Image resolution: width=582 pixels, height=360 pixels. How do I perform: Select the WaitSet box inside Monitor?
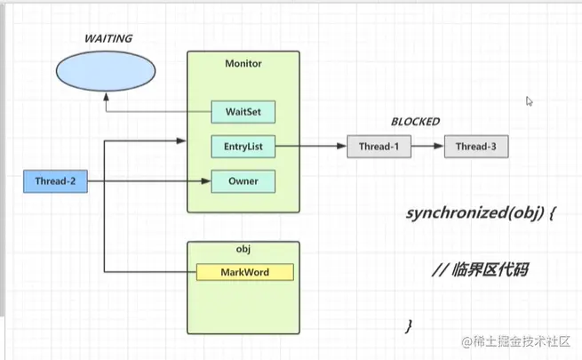click(x=243, y=113)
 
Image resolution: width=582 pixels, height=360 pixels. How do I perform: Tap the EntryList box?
click(x=243, y=146)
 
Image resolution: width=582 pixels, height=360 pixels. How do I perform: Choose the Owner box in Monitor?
click(x=243, y=182)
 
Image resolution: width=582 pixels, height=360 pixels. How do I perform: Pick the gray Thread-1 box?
click(x=379, y=146)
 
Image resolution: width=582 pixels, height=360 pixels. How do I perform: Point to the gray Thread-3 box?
click(x=476, y=146)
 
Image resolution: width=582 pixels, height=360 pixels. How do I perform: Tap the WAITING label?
click(x=108, y=38)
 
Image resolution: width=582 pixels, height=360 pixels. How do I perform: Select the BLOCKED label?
click(x=415, y=122)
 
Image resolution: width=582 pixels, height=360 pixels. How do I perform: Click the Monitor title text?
click(x=243, y=64)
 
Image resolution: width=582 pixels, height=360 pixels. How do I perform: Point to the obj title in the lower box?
click(x=243, y=252)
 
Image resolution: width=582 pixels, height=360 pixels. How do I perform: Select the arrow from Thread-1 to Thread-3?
click(x=427, y=146)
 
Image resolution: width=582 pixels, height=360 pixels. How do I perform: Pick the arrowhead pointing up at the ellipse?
click(x=105, y=100)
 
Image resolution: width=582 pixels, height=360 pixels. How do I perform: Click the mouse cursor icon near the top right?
click(x=530, y=101)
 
